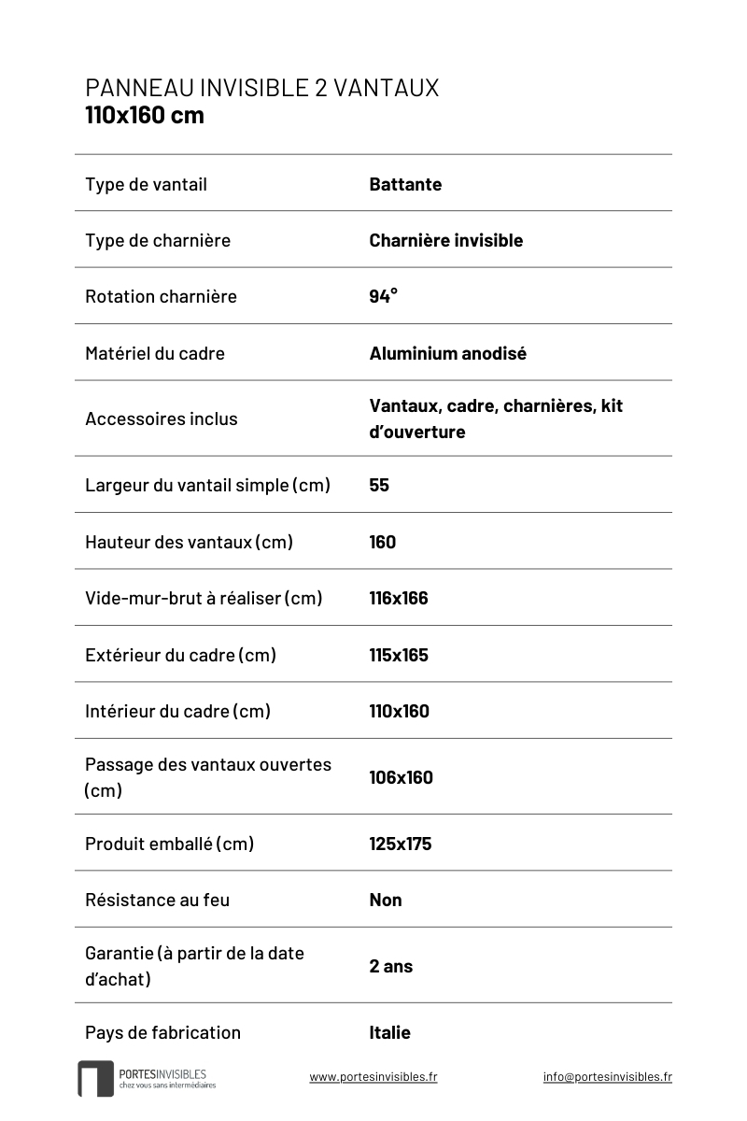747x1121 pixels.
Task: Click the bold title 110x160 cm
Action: click(144, 116)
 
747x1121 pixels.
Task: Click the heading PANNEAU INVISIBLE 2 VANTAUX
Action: click(261, 88)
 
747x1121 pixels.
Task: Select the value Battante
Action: click(405, 184)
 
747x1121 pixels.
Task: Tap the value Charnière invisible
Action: click(445, 240)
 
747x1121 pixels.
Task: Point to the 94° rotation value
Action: click(383, 296)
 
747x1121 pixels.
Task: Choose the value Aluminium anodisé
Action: click(447, 353)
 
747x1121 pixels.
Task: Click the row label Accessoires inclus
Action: click(161, 419)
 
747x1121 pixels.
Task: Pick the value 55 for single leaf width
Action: click(379, 485)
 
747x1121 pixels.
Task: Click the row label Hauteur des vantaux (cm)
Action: click(189, 542)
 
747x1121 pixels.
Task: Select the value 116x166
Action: click(399, 598)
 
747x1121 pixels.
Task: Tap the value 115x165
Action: click(399, 655)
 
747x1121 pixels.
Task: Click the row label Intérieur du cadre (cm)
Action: click(177, 711)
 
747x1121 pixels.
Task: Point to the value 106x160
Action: click(401, 777)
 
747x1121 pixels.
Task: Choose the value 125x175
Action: click(400, 844)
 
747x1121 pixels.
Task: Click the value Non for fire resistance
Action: click(386, 900)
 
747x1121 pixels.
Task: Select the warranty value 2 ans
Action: click(390, 966)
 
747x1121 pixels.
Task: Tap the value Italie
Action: click(389, 1032)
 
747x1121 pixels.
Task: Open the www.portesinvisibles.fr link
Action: click(373, 1076)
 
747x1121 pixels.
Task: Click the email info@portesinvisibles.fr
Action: click(607, 1076)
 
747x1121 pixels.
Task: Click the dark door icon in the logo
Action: click(94, 1079)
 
